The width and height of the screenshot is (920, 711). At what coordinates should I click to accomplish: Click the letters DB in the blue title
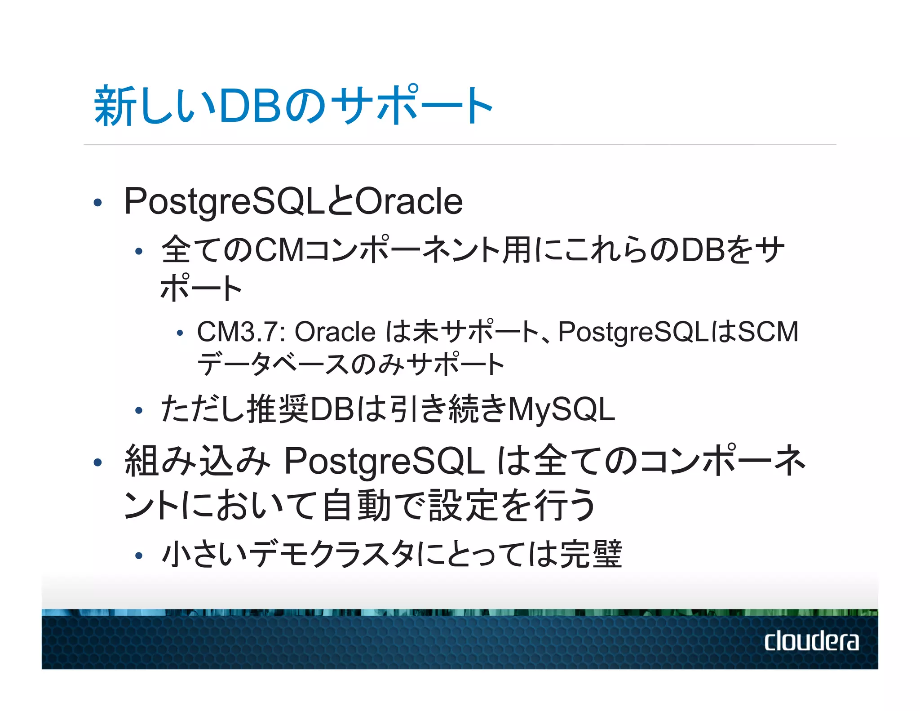(x=249, y=106)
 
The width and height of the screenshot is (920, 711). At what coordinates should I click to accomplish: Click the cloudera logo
(x=811, y=641)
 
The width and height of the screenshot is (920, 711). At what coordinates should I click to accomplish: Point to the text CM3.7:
(x=242, y=332)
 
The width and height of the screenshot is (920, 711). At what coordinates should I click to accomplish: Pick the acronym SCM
(x=768, y=332)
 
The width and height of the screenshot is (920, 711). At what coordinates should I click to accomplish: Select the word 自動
(x=357, y=505)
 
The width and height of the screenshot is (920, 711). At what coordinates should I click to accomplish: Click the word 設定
(x=464, y=505)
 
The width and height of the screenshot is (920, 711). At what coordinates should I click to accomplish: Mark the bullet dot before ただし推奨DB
(x=139, y=410)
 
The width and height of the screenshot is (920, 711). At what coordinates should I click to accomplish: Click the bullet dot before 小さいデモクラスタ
(x=139, y=556)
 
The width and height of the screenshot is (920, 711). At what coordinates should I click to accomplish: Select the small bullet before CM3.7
(x=180, y=333)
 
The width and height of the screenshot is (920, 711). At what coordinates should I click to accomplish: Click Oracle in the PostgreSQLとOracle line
(x=409, y=201)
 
